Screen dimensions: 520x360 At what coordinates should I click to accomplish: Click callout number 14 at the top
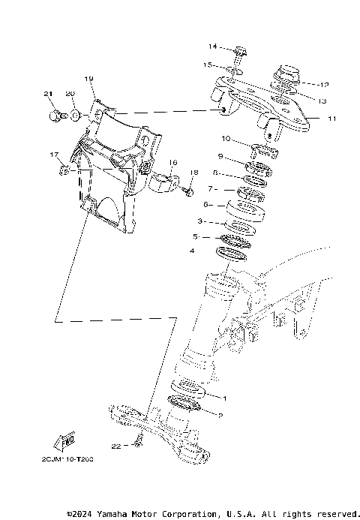(212, 47)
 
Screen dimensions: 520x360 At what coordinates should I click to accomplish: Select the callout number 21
(49, 94)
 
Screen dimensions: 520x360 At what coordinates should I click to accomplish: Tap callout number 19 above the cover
(88, 79)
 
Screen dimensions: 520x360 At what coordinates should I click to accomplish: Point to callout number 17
(54, 155)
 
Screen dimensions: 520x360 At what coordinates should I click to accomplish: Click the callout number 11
(333, 119)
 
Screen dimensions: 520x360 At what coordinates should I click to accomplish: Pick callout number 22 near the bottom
(115, 446)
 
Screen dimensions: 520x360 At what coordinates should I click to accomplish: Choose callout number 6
(205, 203)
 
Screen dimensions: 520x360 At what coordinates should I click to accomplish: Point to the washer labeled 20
(76, 115)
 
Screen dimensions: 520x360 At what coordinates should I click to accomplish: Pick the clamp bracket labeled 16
(165, 181)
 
